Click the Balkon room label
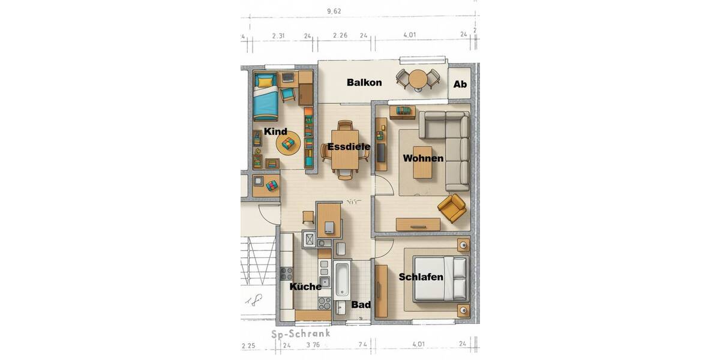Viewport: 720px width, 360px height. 364,83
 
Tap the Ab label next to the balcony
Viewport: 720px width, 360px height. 460,85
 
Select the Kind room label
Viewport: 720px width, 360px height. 275,131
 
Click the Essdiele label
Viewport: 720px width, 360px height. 349,147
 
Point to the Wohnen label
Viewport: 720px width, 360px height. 423,158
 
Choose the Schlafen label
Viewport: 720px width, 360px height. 421,277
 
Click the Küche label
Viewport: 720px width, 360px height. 305,287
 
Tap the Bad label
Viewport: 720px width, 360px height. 361,305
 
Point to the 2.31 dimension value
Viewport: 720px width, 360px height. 278,35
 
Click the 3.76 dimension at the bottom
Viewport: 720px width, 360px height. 313,346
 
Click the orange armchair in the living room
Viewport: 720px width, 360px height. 452,208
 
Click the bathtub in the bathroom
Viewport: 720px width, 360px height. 343,280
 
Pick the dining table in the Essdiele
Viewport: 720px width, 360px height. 345,150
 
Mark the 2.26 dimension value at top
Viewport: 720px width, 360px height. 340,35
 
